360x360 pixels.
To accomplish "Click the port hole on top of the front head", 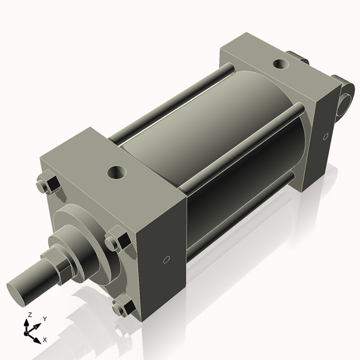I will (x=116, y=173).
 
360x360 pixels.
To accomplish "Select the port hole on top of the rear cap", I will (x=280, y=64).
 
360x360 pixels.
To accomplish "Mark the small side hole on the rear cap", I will (x=326, y=137).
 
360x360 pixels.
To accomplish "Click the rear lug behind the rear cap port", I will (x=298, y=58).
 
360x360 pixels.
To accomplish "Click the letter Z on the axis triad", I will (x=30, y=314).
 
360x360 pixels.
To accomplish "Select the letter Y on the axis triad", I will (x=44, y=319).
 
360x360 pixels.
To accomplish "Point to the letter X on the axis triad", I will (x=45, y=340).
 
